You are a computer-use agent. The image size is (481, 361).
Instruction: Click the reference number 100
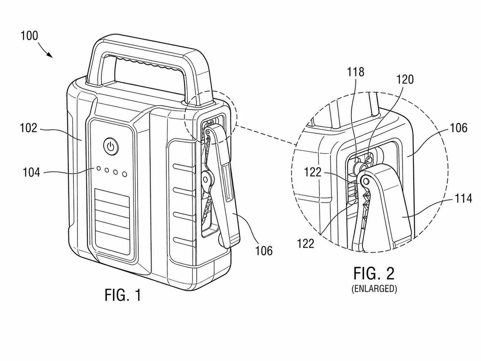(x=29, y=36)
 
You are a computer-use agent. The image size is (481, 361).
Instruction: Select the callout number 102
(x=29, y=128)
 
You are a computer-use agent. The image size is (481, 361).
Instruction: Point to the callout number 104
(x=32, y=172)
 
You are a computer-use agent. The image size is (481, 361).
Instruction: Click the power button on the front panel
(x=110, y=146)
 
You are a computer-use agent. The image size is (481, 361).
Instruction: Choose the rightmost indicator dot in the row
(x=125, y=174)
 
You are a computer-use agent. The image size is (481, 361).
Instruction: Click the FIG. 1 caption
(x=123, y=295)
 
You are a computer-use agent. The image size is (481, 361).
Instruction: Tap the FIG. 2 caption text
(x=374, y=274)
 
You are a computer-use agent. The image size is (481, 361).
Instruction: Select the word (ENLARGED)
(x=374, y=289)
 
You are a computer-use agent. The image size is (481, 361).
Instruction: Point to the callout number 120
(x=405, y=79)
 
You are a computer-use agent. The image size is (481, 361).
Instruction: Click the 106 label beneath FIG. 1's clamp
(x=264, y=251)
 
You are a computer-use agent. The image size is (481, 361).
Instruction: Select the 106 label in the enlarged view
(x=458, y=128)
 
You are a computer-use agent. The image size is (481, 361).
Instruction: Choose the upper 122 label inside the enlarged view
(x=313, y=173)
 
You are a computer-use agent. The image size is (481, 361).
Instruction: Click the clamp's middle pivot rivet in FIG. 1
(x=205, y=180)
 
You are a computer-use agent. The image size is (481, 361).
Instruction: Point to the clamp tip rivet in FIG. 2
(x=365, y=181)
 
